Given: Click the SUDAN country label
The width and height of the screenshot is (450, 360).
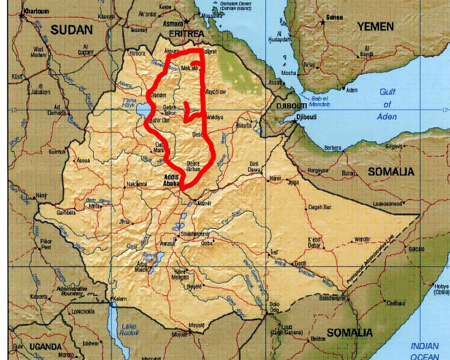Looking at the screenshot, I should point(72,30).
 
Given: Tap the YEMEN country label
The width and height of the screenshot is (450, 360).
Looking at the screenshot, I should point(375,27).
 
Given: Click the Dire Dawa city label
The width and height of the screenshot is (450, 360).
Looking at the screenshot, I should point(254,167).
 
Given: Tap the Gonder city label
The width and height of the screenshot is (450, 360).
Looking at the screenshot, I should point(158,95).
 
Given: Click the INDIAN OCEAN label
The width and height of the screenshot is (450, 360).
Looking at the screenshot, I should point(424,351).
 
